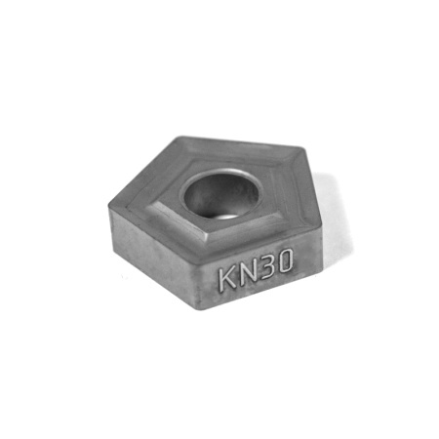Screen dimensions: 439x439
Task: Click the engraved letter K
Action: [227, 277]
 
